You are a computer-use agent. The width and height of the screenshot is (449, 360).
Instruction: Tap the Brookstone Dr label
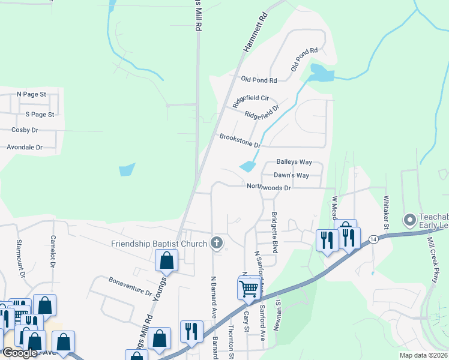pyautogui.click(x=240, y=141)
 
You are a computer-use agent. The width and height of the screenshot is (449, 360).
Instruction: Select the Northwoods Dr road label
pyautogui.click(x=268, y=187)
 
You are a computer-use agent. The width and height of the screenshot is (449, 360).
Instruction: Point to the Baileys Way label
pyautogui.click(x=294, y=162)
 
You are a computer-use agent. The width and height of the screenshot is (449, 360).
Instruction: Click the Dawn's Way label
pyautogui.click(x=291, y=175)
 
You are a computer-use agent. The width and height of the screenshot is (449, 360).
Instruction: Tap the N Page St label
pyautogui.click(x=31, y=94)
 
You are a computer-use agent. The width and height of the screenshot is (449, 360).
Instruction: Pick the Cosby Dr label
pyautogui.click(x=25, y=130)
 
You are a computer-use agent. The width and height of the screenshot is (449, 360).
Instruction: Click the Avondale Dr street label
pyautogui.click(x=25, y=147)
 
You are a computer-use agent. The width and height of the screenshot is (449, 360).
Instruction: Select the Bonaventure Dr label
pyautogui.click(x=130, y=286)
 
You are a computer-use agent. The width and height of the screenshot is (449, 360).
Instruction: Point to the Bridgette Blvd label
pyautogui.click(x=274, y=232)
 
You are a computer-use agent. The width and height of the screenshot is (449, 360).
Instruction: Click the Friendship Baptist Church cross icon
pyautogui.click(x=217, y=244)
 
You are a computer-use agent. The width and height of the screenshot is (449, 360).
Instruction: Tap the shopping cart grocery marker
pyautogui.click(x=249, y=289)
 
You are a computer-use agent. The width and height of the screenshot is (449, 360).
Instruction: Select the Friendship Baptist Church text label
pyautogui.click(x=159, y=244)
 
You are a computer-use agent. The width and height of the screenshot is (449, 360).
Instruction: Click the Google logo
pyautogui.click(x=20, y=353)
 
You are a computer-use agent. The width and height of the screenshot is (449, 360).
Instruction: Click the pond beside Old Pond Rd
pyautogui.click(x=322, y=74)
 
